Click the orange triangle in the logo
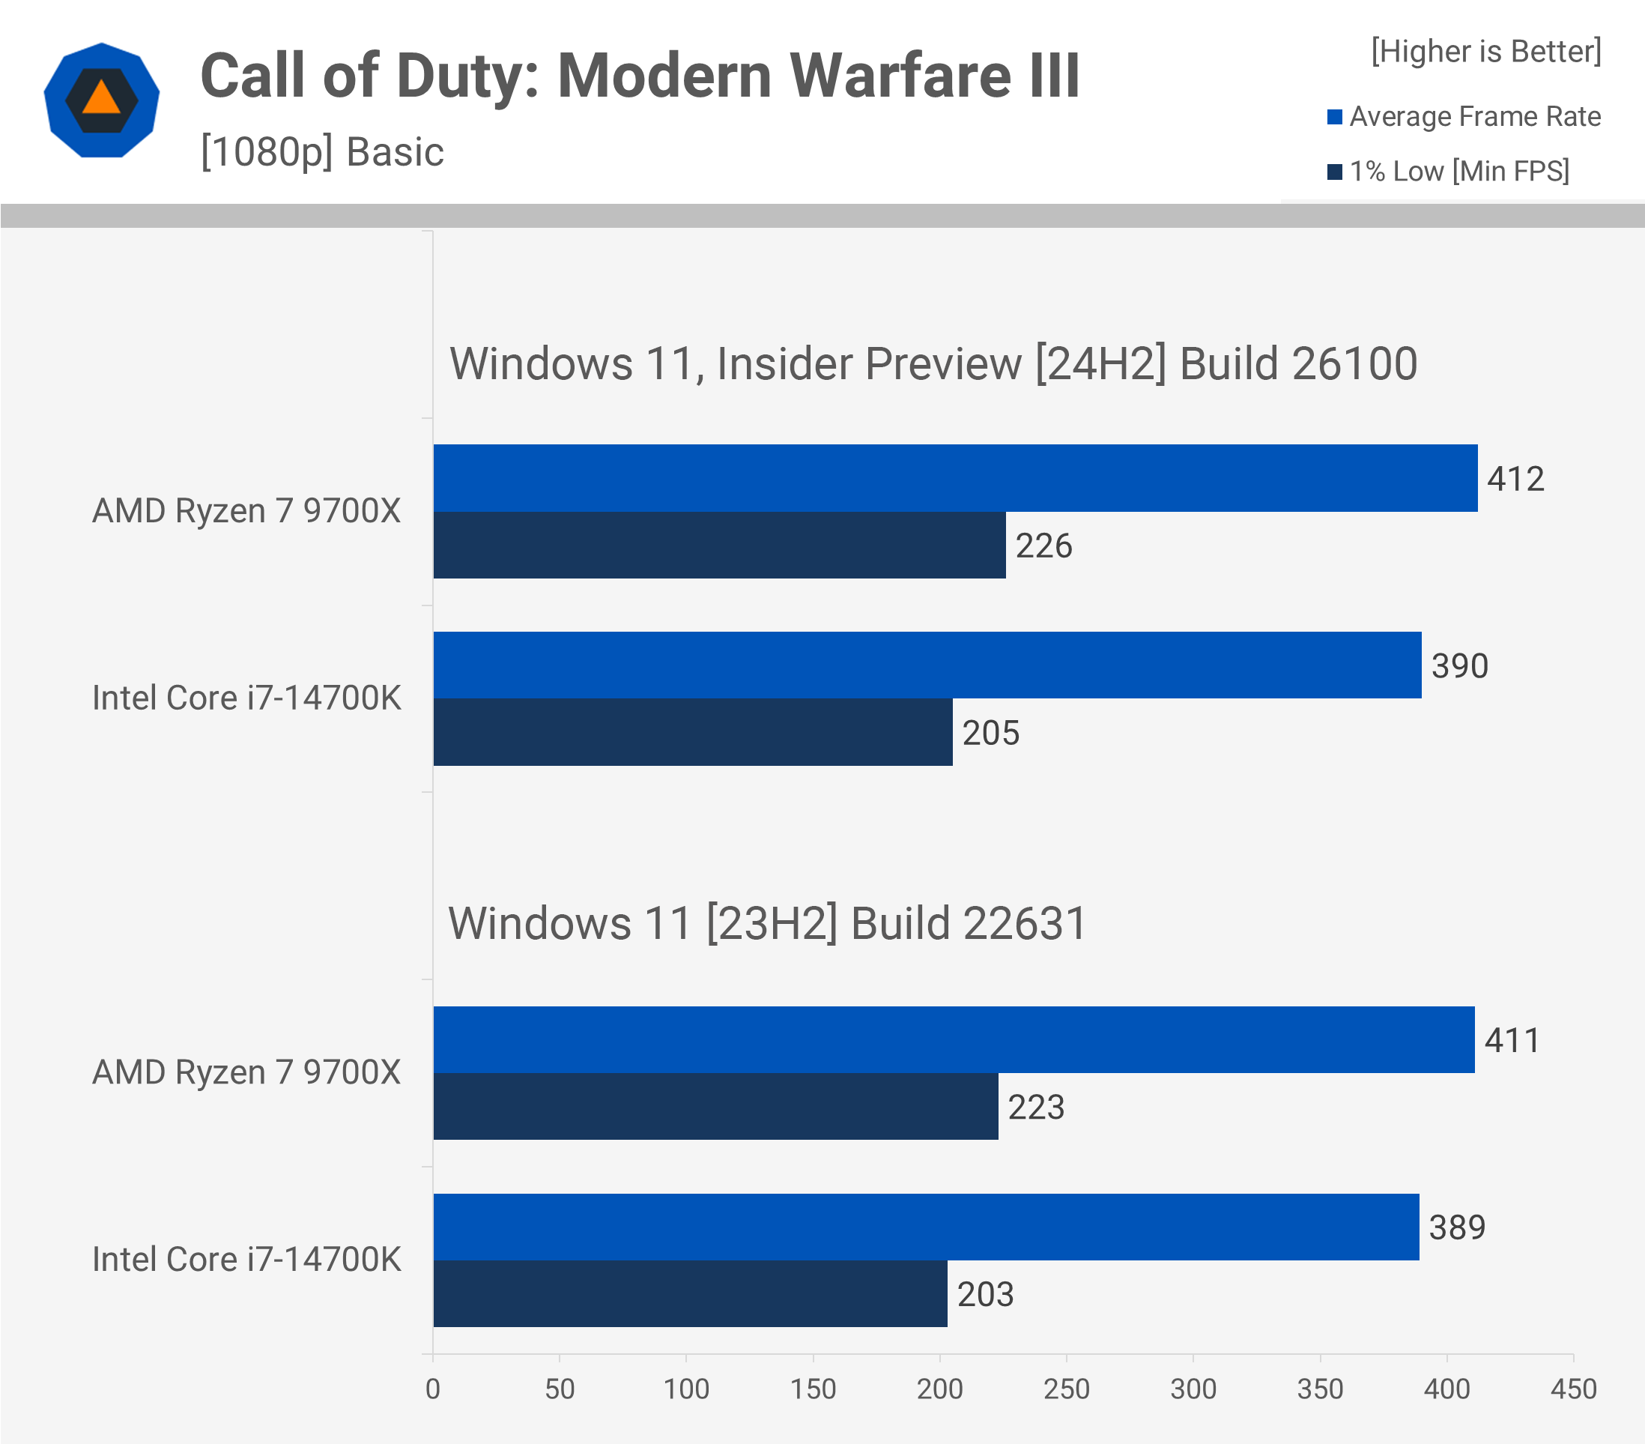click(x=101, y=99)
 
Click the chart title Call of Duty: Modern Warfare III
click(x=640, y=76)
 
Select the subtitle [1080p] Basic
click(x=322, y=152)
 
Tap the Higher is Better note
click(x=1485, y=52)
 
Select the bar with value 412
click(x=954, y=478)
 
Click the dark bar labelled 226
click(x=718, y=545)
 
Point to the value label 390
click(x=1459, y=666)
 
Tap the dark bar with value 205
click(x=692, y=732)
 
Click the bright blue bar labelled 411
click(x=953, y=1039)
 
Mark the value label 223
click(x=1036, y=1108)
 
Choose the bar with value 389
click(x=926, y=1227)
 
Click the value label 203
click(x=985, y=1294)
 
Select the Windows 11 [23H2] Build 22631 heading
click(x=767, y=923)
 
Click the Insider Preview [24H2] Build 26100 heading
click(x=933, y=364)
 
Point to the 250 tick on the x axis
click(x=1067, y=1389)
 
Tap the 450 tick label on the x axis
click(x=1573, y=1389)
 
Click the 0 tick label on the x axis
click(x=433, y=1389)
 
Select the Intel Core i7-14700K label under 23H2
click(x=246, y=1260)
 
